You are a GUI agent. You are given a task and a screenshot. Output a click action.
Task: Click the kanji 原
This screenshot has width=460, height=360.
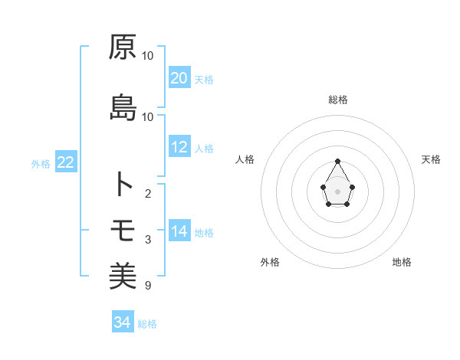point(123,47)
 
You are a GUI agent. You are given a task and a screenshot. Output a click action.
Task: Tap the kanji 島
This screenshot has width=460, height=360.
point(123,107)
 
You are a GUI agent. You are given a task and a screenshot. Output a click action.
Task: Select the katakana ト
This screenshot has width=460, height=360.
point(123,185)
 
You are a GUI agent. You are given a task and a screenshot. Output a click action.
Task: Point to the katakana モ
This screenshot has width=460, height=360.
point(123,230)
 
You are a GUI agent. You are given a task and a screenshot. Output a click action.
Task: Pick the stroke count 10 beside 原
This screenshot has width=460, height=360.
point(148,56)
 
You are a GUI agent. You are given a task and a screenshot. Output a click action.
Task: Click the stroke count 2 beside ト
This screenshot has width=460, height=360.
point(148,193)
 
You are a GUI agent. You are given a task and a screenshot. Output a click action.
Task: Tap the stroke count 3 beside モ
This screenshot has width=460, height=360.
point(148,240)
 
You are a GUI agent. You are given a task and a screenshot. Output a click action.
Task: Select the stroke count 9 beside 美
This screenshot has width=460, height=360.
point(148,286)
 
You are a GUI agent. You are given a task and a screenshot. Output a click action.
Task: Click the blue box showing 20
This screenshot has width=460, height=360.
point(179,78)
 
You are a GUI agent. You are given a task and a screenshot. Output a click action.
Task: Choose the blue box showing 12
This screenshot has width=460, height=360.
point(179,147)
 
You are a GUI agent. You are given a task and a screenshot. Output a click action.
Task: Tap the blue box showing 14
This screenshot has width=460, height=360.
point(179,231)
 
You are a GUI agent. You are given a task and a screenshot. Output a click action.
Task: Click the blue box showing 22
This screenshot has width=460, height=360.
point(65,162)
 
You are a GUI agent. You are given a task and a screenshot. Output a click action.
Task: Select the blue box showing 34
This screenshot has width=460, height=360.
point(122,322)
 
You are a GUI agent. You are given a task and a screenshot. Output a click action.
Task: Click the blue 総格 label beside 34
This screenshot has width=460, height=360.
point(147,324)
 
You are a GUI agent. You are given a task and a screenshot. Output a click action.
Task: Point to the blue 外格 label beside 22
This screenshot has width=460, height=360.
point(41,163)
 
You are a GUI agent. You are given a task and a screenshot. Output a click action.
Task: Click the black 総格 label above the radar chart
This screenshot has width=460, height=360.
point(338,100)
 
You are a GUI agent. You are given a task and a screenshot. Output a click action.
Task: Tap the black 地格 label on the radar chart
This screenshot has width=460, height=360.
point(402,262)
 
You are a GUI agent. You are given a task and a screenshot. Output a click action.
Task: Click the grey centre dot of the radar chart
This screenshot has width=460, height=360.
point(338,190)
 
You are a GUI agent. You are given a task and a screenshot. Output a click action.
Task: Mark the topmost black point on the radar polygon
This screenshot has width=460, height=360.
point(338,161)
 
